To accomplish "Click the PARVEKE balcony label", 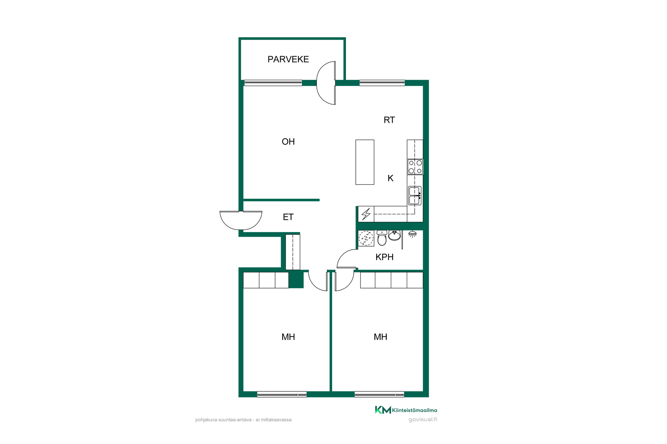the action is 288,59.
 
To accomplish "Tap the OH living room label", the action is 288,142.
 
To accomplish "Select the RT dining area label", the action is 389,120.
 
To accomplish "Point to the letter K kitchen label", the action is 390,178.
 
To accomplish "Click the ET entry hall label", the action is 288,217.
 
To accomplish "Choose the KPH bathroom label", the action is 385,257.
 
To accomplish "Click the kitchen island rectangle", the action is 365,162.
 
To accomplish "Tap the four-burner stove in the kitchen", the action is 415,167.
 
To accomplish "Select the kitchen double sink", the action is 415,196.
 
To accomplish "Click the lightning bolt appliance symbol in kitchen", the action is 366,214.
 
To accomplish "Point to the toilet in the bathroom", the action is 382,238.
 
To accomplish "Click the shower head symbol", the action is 412,234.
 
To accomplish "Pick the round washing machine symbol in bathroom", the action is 366,238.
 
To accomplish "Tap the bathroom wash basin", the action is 394,235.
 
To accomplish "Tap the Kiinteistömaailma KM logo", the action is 406,410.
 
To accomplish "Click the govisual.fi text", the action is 423,420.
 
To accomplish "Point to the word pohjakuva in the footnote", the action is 206,420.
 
